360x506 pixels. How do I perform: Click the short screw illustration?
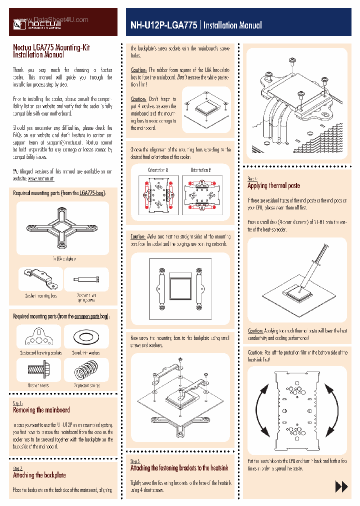pyautogui.click(x=38, y=370)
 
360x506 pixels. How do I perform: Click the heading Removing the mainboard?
pyautogui.click(x=41, y=410)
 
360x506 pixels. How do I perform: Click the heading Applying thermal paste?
pyautogui.click(x=273, y=185)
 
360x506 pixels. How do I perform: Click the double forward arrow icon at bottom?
pyautogui.click(x=341, y=486)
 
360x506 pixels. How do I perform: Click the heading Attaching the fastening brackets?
pyautogui.click(x=179, y=468)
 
